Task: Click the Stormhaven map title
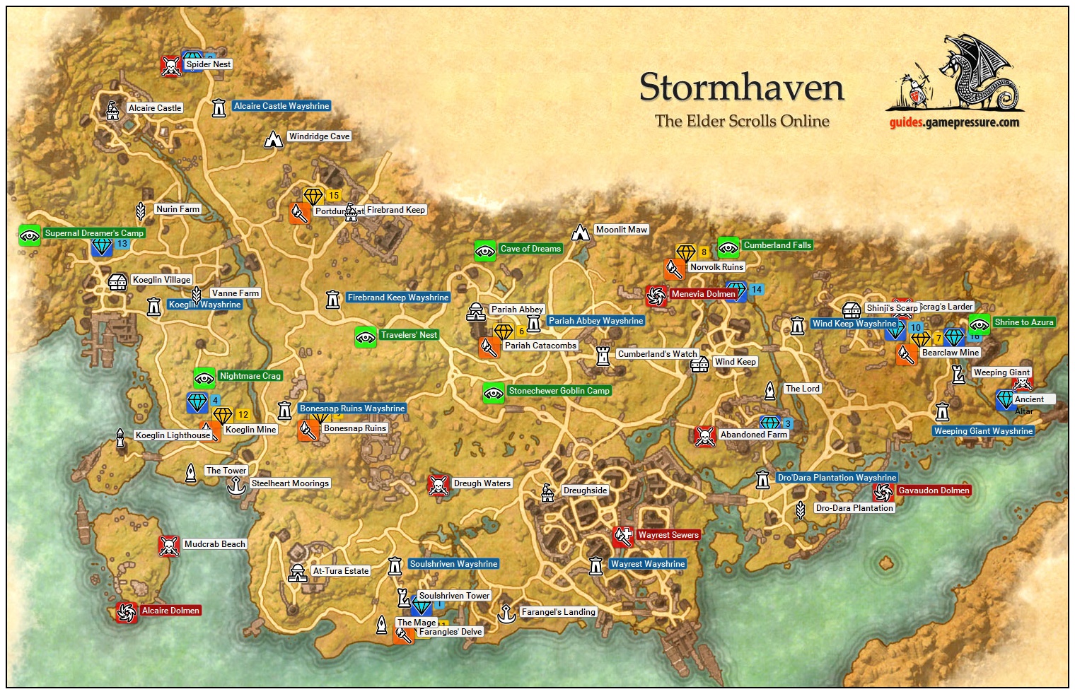click(x=741, y=88)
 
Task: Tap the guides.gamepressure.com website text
click(x=954, y=122)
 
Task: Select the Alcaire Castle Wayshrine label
click(x=281, y=106)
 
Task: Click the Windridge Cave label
click(x=319, y=136)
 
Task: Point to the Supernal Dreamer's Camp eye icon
click(x=30, y=235)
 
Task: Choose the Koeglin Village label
click(x=161, y=280)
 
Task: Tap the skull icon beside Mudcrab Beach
click(x=168, y=546)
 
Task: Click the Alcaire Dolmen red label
click(x=170, y=611)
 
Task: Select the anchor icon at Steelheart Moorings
click(x=236, y=485)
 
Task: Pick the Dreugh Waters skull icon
click(x=438, y=486)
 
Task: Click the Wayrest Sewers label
click(x=668, y=535)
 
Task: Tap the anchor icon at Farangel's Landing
click(x=506, y=613)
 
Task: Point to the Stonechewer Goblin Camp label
click(x=559, y=391)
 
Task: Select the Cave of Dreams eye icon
click(x=484, y=251)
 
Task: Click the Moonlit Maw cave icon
click(x=581, y=232)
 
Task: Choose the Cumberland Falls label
click(x=777, y=245)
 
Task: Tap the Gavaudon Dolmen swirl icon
click(x=883, y=492)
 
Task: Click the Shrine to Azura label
click(x=1023, y=322)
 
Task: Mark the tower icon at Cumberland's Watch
click(x=603, y=355)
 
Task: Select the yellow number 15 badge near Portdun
click(x=333, y=196)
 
